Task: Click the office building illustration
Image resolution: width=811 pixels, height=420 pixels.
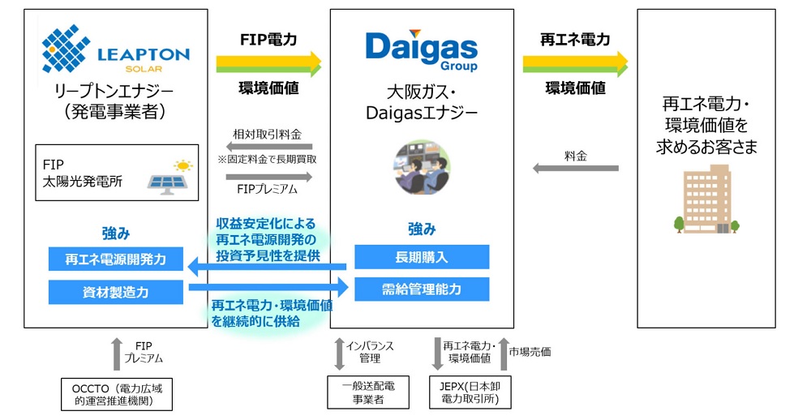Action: pos(707,199)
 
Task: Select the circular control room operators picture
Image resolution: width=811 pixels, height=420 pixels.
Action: pos(422,169)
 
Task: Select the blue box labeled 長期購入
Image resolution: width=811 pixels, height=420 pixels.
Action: pos(422,258)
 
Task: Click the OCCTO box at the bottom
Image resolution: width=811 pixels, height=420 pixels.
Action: pos(117,394)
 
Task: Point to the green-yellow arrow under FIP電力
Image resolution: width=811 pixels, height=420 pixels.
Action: pos(268,62)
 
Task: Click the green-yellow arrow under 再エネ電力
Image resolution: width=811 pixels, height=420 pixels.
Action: pos(575,62)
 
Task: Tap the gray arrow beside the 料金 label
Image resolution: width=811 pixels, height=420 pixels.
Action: pos(575,168)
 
